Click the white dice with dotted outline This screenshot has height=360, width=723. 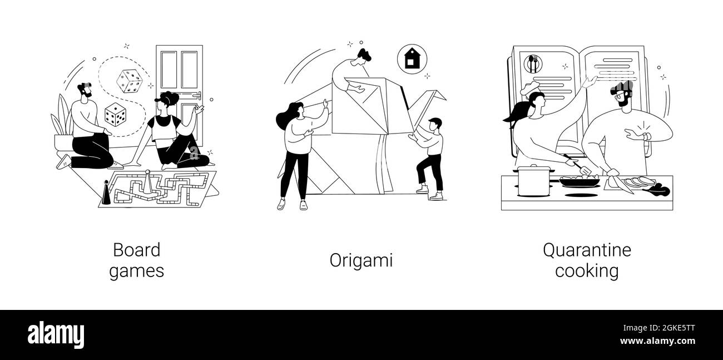coord(129,81)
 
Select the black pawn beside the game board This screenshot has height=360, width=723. coord(106,192)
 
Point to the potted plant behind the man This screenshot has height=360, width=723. coord(62,125)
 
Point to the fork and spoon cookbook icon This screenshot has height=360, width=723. coord(533,64)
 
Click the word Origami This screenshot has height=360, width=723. coord(361,260)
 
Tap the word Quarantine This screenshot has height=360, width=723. coord(587,250)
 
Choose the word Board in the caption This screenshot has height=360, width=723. coord(136,250)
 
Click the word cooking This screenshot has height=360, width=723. coord(587,272)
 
